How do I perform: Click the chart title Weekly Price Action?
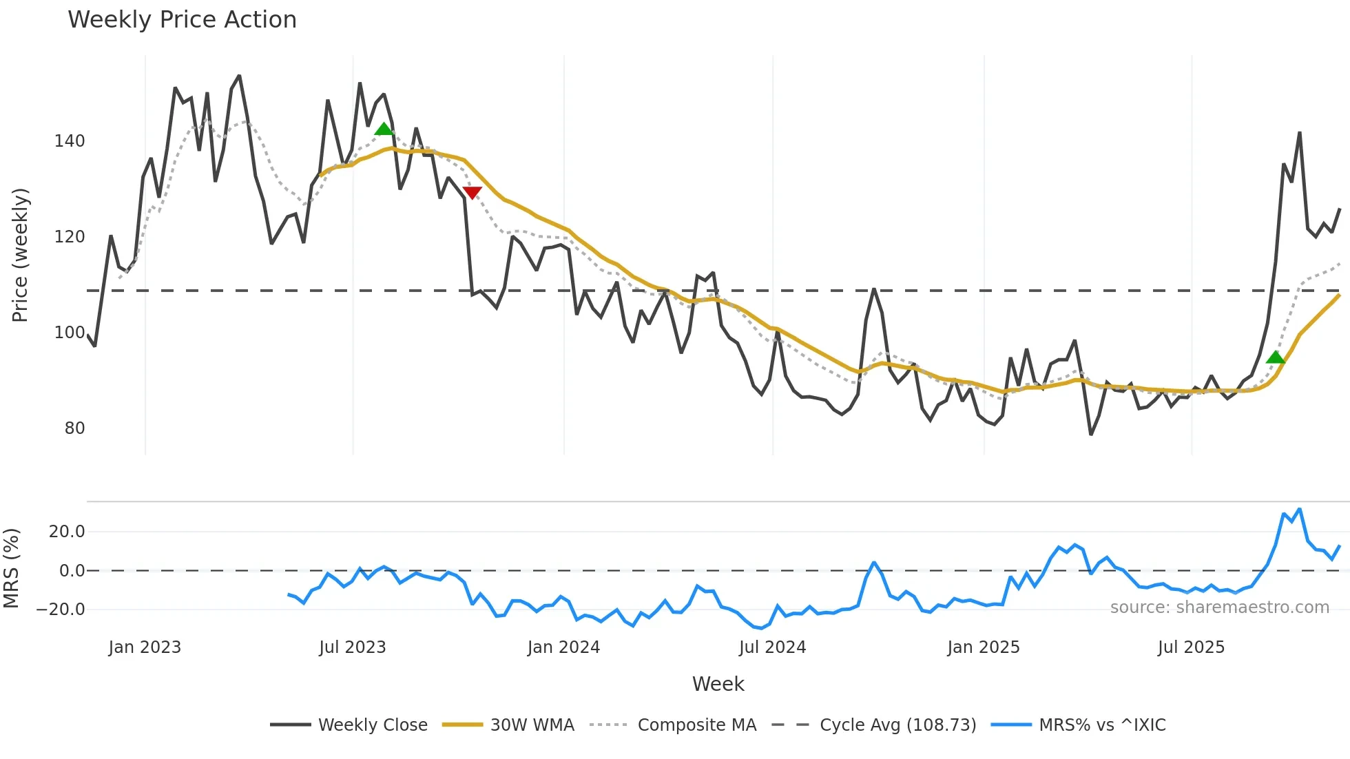pos(182,20)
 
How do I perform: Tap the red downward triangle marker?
pos(472,193)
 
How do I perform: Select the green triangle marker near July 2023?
pos(384,129)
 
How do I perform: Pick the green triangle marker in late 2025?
pos(1275,357)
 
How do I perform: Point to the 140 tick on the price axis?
pos(70,141)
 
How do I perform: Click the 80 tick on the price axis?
pos(74,428)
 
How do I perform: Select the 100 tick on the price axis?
pos(70,333)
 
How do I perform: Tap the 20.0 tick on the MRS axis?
pos(67,532)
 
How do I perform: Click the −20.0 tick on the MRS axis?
pos(61,610)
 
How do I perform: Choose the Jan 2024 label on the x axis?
pos(563,647)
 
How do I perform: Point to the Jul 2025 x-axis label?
pos(1191,647)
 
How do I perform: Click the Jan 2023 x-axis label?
pos(145,647)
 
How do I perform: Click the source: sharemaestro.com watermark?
pos(1219,607)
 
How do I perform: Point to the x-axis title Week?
pos(718,684)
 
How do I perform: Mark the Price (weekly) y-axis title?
pos(21,255)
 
